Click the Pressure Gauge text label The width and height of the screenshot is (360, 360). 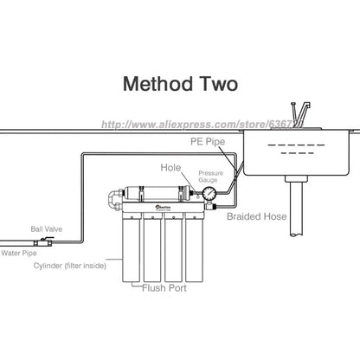coord(212,177)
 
